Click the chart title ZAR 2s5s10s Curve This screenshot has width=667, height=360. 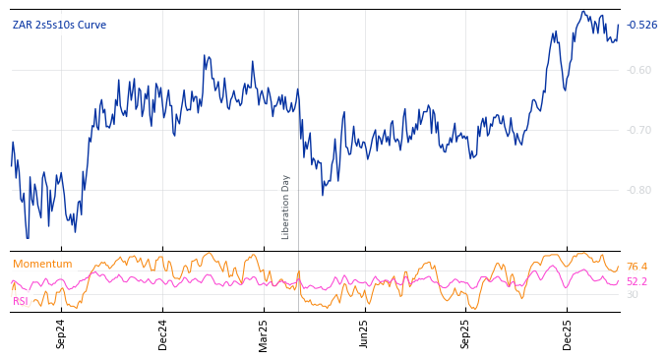(59, 26)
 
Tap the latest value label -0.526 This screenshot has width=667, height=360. (641, 26)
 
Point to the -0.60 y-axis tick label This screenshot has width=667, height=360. (638, 70)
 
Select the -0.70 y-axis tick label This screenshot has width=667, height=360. (638, 130)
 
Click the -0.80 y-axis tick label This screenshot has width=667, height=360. (638, 190)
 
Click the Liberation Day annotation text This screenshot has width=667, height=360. (286, 207)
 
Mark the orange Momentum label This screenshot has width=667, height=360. (42, 264)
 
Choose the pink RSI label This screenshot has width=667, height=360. (20, 301)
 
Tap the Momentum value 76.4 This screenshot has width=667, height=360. (637, 267)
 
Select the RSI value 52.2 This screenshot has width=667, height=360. (637, 281)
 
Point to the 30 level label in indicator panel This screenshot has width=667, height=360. (632, 294)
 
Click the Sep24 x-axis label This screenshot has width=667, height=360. (61, 333)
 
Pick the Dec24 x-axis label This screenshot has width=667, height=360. (163, 333)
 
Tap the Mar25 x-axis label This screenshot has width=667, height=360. (264, 333)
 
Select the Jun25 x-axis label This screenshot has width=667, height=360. (364, 333)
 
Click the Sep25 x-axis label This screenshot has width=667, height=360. (465, 333)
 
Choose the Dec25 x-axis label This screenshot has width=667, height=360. (567, 333)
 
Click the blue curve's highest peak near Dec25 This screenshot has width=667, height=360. (583, 12)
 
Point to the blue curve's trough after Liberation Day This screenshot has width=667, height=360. (322, 194)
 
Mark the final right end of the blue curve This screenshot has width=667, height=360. (619, 26)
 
